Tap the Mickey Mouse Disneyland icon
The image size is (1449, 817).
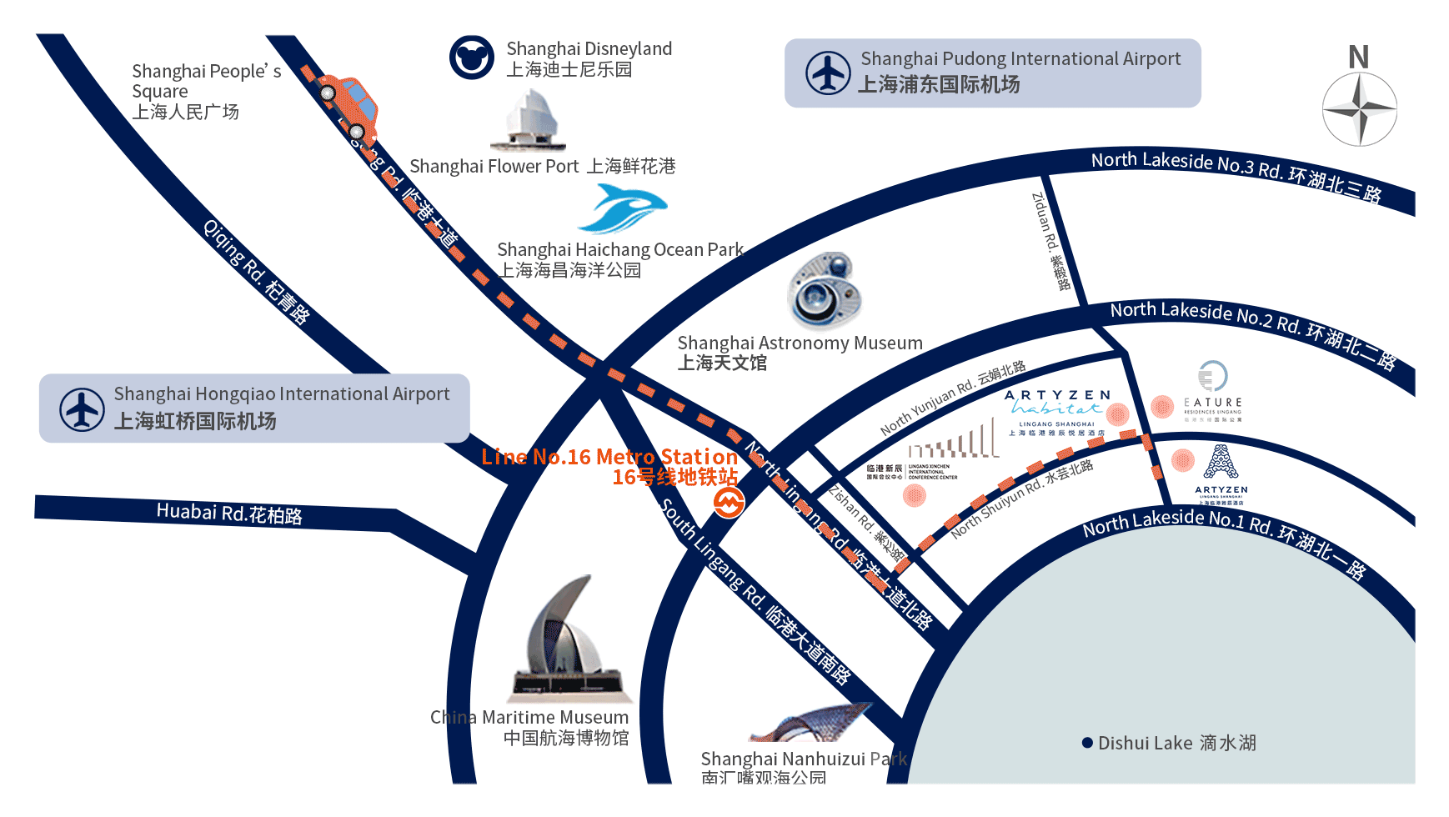[x=472, y=58]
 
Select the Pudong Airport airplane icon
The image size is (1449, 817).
[x=828, y=73]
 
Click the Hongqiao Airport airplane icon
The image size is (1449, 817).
[x=82, y=408]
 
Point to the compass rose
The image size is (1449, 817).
[x=1359, y=109]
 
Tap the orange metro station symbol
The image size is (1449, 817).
[x=728, y=502]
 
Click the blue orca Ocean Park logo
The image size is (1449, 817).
[x=624, y=208]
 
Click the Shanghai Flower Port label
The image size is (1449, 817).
[x=542, y=167]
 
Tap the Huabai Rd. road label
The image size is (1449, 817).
[x=229, y=513]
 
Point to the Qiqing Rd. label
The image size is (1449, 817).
[x=257, y=271]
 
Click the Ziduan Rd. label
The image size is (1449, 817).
[x=1050, y=241]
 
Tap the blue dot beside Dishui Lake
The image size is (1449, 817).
[x=1087, y=743]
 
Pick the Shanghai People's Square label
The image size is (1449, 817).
[x=200, y=91]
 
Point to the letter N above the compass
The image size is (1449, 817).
[x=1359, y=58]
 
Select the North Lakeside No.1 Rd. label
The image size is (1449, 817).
[x=1224, y=543]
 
